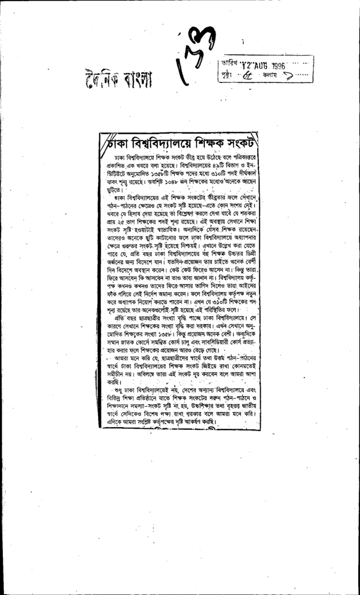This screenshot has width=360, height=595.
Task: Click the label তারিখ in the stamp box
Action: (228, 62)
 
